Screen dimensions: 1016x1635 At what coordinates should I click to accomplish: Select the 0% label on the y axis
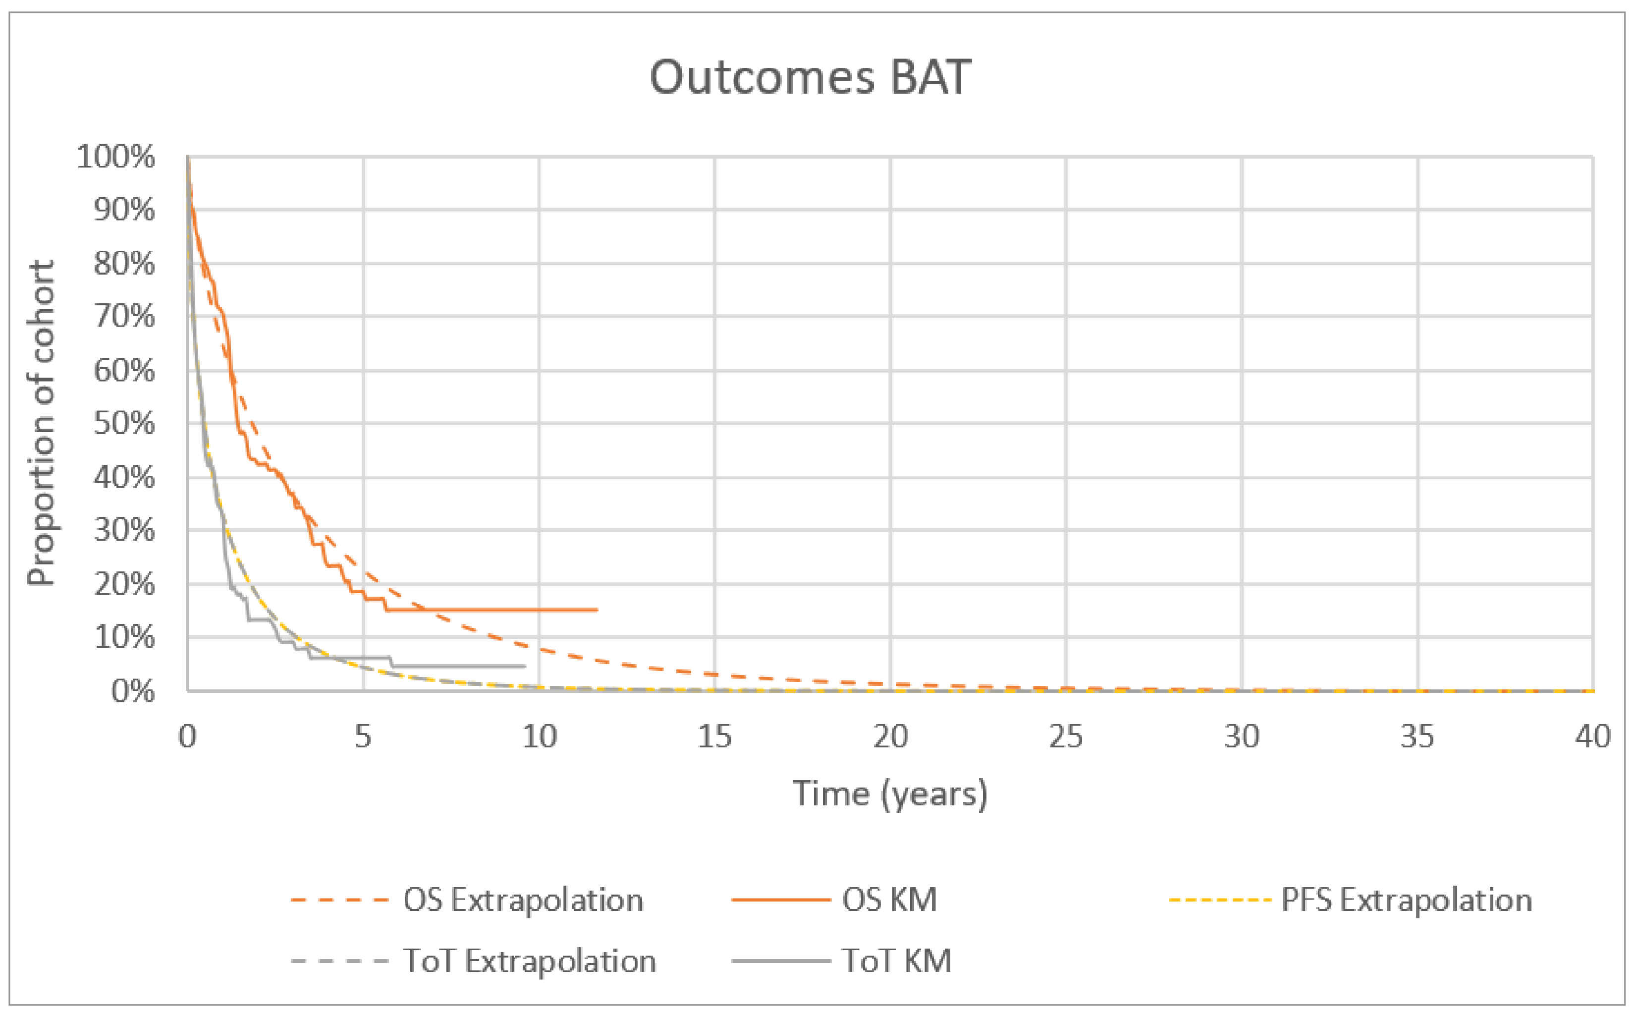click(x=132, y=691)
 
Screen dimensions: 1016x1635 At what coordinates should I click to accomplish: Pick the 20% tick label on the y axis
click(x=124, y=584)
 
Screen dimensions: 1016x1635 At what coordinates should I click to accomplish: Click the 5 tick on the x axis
click(x=363, y=737)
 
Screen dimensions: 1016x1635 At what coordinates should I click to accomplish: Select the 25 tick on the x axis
click(x=1066, y=737)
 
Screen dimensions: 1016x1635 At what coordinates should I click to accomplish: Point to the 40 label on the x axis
click(x=1593, y=737)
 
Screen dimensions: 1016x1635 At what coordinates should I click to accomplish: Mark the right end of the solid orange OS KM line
click(x=597, y=610)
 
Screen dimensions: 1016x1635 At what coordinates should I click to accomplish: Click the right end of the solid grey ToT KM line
click(x=524, y=666)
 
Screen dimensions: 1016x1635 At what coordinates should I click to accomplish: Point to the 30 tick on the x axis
click(x=1242, y=737)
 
